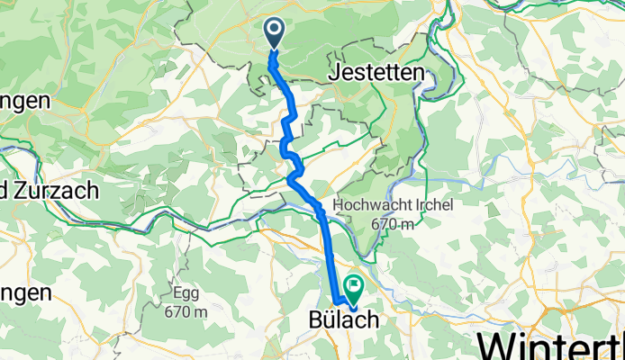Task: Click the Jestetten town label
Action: (376, 75)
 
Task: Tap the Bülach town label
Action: (340, 321)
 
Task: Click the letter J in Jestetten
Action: (337, 75)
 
